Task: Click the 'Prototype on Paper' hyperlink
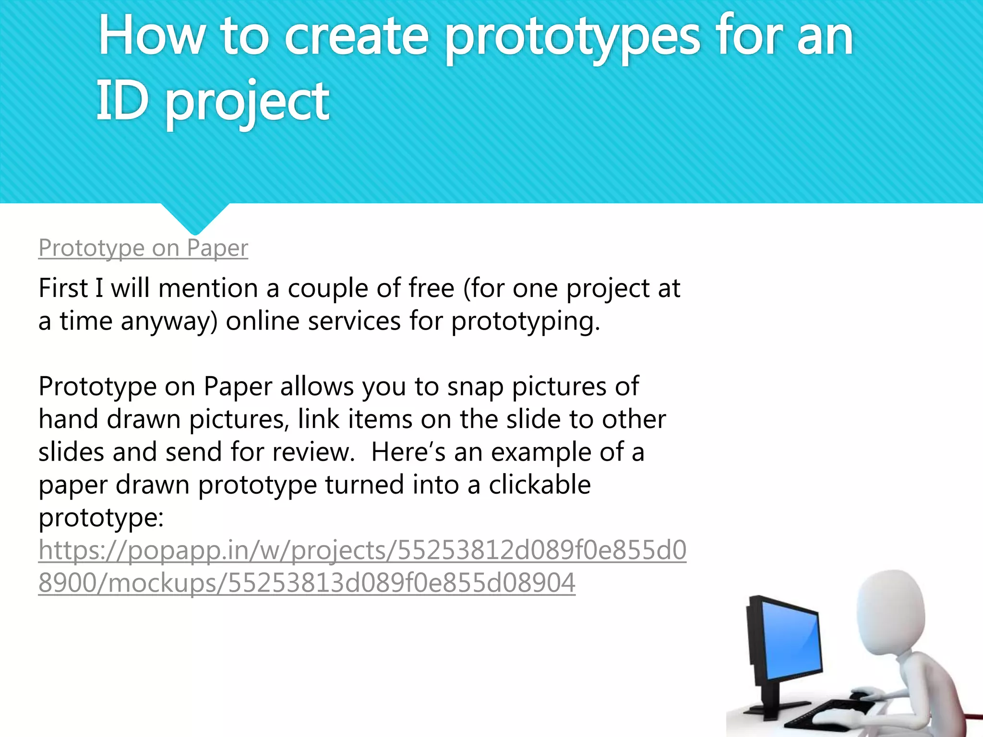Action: coord(143,248)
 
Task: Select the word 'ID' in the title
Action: coord(122,101)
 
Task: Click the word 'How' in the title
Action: coord(152,36)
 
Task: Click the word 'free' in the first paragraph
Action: coord(431,288)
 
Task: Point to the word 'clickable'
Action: coord(539,485)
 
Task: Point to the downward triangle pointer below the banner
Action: coord(195,218)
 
